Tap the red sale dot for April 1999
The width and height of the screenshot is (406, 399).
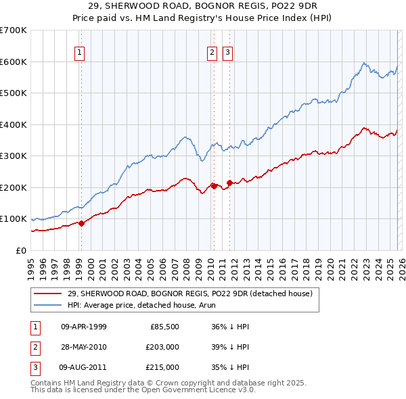81,223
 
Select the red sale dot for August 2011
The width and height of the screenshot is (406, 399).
229,183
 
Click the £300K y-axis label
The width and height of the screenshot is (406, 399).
14,156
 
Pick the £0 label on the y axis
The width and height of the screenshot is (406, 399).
20,251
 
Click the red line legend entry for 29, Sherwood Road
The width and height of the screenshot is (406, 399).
189,294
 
